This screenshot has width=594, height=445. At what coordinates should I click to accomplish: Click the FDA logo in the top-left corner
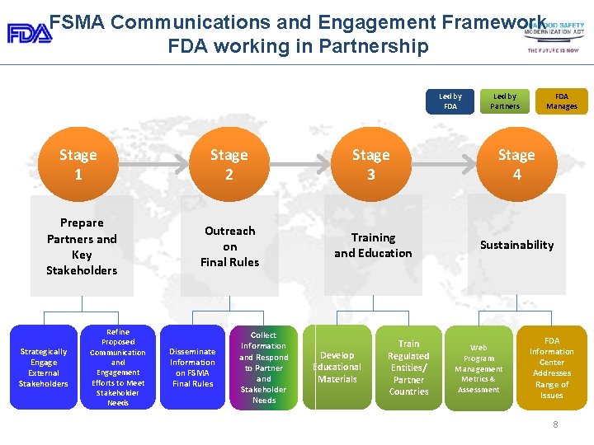pos(30,33)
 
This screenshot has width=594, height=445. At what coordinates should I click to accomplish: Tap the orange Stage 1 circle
pos(78,165)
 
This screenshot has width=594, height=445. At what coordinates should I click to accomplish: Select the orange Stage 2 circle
pos(229,165)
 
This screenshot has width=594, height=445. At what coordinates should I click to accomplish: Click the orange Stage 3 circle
pos(371,165)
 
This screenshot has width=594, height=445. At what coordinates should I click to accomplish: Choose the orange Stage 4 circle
pos(516,165)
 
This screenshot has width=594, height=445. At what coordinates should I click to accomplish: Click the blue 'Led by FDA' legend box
pos(450,101)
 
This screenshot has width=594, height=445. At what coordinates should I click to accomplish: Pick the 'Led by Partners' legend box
pos(505,101)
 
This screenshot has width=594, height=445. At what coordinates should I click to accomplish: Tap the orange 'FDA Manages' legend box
pos(562,101)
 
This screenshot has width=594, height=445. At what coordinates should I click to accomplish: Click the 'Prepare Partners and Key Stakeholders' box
pos(82,246)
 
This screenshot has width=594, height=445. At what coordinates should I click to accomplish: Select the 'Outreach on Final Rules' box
pos(230,246)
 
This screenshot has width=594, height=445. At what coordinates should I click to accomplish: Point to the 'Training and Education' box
pos(373,246)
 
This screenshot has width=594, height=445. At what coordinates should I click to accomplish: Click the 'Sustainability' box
pos(517,245)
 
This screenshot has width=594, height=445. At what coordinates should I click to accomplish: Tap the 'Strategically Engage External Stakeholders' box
pos(44,368)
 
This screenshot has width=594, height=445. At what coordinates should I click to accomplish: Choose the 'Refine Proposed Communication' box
pos(118,368)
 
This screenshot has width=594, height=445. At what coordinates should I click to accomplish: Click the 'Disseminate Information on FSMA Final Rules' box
pos(192,368)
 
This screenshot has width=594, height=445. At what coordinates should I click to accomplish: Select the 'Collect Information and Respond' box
pos(264,368)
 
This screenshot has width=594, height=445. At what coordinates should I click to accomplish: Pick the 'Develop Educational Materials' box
pos(337,368)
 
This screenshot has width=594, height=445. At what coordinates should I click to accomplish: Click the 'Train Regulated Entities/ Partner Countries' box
pos(409,368)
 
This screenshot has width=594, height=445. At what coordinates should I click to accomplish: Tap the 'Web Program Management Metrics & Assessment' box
pos(478,368)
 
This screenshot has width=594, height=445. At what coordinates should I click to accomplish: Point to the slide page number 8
pos(556,424)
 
